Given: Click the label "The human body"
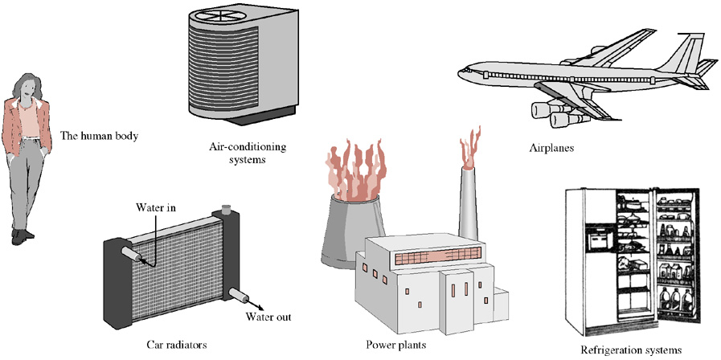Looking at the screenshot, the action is click(x=100, y=136).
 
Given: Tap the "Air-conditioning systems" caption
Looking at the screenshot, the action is click(x=248, y=153).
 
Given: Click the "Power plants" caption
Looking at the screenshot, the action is click(x=396, y=344).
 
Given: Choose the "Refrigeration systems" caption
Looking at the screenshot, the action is click(x=631, y=350).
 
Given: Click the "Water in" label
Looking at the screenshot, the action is click(x=156, y=207).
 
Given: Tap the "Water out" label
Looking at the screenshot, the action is click(x=268, y=317).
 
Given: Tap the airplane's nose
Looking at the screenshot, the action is click(x=462, y=72).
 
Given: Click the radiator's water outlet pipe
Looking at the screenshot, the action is click(x=240, y=295).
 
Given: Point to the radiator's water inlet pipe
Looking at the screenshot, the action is click(x=133, y=254).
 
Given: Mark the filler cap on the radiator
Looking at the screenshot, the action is click(x=226, y=208).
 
